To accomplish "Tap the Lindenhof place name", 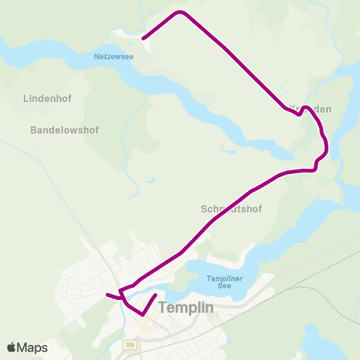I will point(46,98).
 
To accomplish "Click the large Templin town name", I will point(186,307).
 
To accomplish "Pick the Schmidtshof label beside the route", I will point(232,208).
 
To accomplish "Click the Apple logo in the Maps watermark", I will point(12,347).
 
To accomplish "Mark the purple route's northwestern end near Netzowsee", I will point(143,37).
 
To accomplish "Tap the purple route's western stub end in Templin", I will point(107,294).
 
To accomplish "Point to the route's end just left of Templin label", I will point(154,295).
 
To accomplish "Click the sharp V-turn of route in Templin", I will point(142,313).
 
